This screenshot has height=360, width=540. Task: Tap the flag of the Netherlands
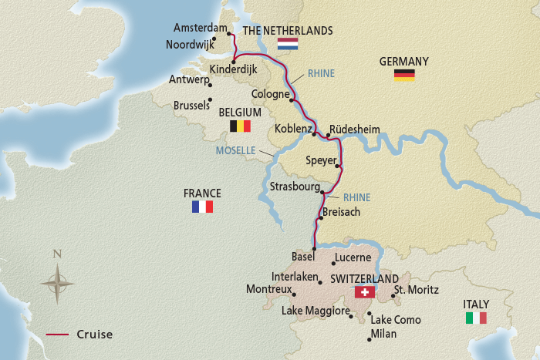pyautogui.click(x=288, y=44)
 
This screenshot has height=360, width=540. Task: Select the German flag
pyautogui.click(x=404, y=75)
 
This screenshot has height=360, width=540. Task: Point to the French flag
pyautogui.click(x=202, y=207)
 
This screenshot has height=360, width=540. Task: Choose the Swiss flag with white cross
pyautogui.click(x=363, y=292)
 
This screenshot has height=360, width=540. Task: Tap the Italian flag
pyautogui.click(x=476, y=318)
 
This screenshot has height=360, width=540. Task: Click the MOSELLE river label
pyautogui.click(x=236, y=150)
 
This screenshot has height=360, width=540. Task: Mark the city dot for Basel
pyautogui.click(x=315, y=248)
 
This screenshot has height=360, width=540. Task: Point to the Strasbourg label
pyautogui.click(x=293, y=187)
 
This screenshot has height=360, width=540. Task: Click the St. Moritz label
pyautogui.click(x=416, y=291)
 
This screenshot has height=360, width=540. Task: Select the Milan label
pyautogui.click(x=383, y=333)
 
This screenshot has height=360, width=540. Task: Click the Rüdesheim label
pyautogui.click(x=354, y=130)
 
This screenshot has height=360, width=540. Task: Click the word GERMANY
pyautogui.click(x=403, y=61)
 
